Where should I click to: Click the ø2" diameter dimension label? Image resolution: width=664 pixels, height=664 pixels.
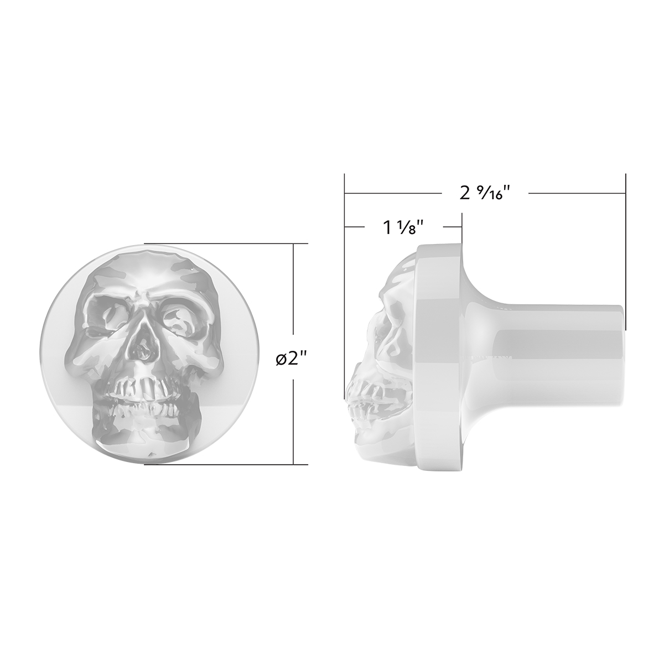292,359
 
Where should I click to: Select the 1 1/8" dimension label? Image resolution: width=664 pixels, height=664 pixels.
403,227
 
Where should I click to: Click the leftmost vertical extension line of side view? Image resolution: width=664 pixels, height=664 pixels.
345,210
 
